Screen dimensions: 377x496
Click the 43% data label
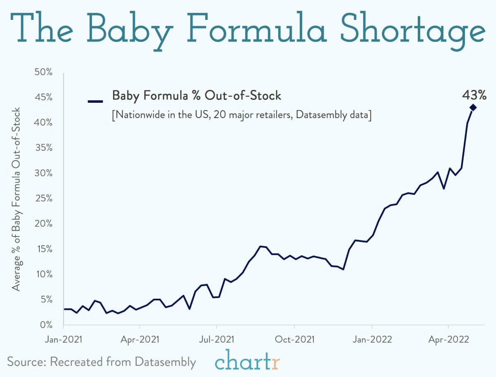pyautogui.click(x=474, y=95)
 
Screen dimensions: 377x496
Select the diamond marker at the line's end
pyautogui.click(x=473, y=108)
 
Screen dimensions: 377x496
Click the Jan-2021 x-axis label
pyautogui.click(x=64, y=339)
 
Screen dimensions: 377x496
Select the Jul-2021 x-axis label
pyautogui.click(x=217, y=339)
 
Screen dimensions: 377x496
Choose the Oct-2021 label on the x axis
pyautogui.click(x=294, y=339)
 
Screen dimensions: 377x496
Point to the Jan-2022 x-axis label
pyautogui.click(x=372, y=339)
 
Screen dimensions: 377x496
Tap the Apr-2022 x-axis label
pyautogui.click(x=449, y=339)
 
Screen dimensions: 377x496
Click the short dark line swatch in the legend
pyautogui.click(x=95, y=101)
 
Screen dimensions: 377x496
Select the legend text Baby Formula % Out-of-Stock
pyautogui.click(x=197, y=96)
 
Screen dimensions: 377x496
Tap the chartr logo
pyautogui.click(x=248, y=361)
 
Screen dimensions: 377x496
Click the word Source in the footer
pyautogui.click(x=26, y=362)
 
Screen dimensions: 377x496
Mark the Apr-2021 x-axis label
pyautogui.click(x=140, y=339)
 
